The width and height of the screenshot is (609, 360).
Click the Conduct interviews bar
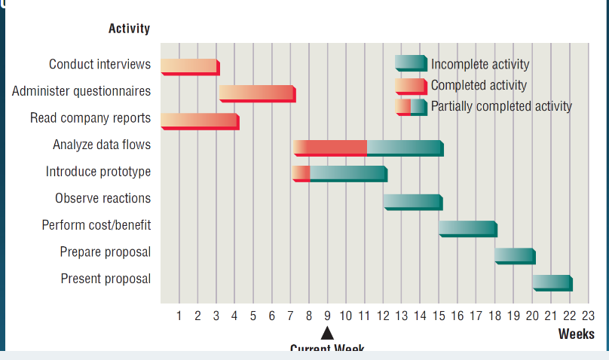click(x=189, y=66)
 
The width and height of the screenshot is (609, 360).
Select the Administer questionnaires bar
click(x=256, y=93)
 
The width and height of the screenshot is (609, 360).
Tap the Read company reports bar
click(x=199, y=121)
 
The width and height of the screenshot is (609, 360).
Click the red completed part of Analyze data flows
click(x=330, y=147)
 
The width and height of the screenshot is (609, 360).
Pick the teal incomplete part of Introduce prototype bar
click(x=347, y=173)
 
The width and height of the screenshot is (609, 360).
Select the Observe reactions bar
click(x=412, y=201)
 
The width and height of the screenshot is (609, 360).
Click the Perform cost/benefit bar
click(x=467, y=228)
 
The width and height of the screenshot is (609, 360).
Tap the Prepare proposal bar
click(x=514, y=255)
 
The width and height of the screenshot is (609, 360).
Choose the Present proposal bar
click(x=551, y=282)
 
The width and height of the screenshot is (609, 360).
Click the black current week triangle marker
click(x=327, y=333)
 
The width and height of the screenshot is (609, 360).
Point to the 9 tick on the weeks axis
click(x=327, y=315)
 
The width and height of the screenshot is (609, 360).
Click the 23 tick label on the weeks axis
click(x=588, y=315)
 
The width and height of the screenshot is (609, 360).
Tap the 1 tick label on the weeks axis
click(x=179, y=315)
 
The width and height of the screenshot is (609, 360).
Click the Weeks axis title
click(x=576, y=334)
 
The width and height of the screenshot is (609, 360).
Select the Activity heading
click(x=129, y=29)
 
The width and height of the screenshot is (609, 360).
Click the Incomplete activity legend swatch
click(x=410, y=63)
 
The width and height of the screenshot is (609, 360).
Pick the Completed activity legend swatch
click(x=410, y=85)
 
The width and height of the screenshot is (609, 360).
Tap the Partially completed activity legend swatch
click(x=410, y=106)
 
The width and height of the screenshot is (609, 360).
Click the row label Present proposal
click(x=106, y=279)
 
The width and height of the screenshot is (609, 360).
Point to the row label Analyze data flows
click(x=102, y=145)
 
